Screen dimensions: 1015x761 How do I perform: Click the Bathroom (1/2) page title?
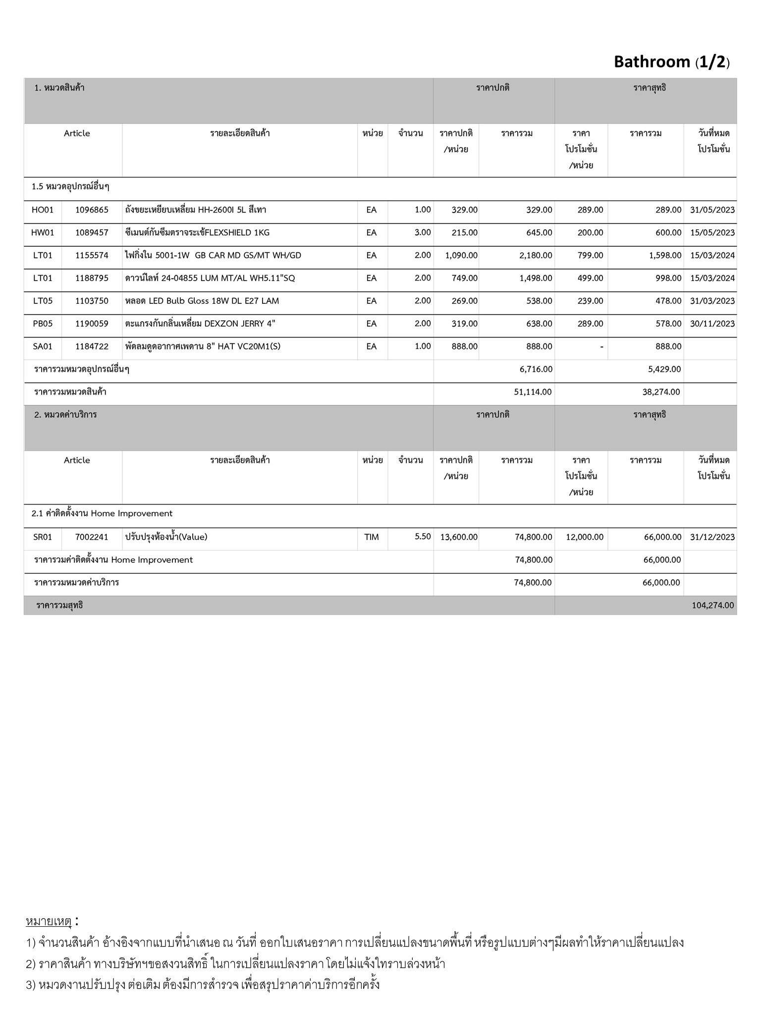click(x=671, y=61)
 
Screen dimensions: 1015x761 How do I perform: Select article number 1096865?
click(x=92, y=210)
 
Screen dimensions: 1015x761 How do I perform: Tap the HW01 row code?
click(x=43, y=232)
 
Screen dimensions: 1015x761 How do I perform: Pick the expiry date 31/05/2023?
click(x=712, y=210)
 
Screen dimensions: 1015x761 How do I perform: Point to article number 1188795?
click(x=92, y=278)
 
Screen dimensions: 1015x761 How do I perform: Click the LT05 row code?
click(x=43, y=301)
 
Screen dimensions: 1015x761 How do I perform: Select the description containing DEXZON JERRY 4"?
click(x=200, y=324)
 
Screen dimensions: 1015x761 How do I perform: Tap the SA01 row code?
click(x=43, y=346)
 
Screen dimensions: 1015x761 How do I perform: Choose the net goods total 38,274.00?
click(x=661, y=392)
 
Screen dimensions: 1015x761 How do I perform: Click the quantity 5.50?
click(x=423, y=536)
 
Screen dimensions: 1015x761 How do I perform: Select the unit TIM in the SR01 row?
click(x=371, y=537)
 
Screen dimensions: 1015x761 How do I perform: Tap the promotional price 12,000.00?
click(x=585, y=537)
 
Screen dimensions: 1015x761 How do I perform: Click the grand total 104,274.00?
click(x=712, y=605)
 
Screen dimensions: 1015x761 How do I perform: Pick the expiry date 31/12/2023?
click(x=712, y=537)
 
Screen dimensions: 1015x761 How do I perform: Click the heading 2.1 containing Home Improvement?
click(x=102, y=513)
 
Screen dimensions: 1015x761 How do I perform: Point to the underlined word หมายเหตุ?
click(x=49, y=921)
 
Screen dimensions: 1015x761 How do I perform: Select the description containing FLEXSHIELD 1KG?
click(x=197, y=232)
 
